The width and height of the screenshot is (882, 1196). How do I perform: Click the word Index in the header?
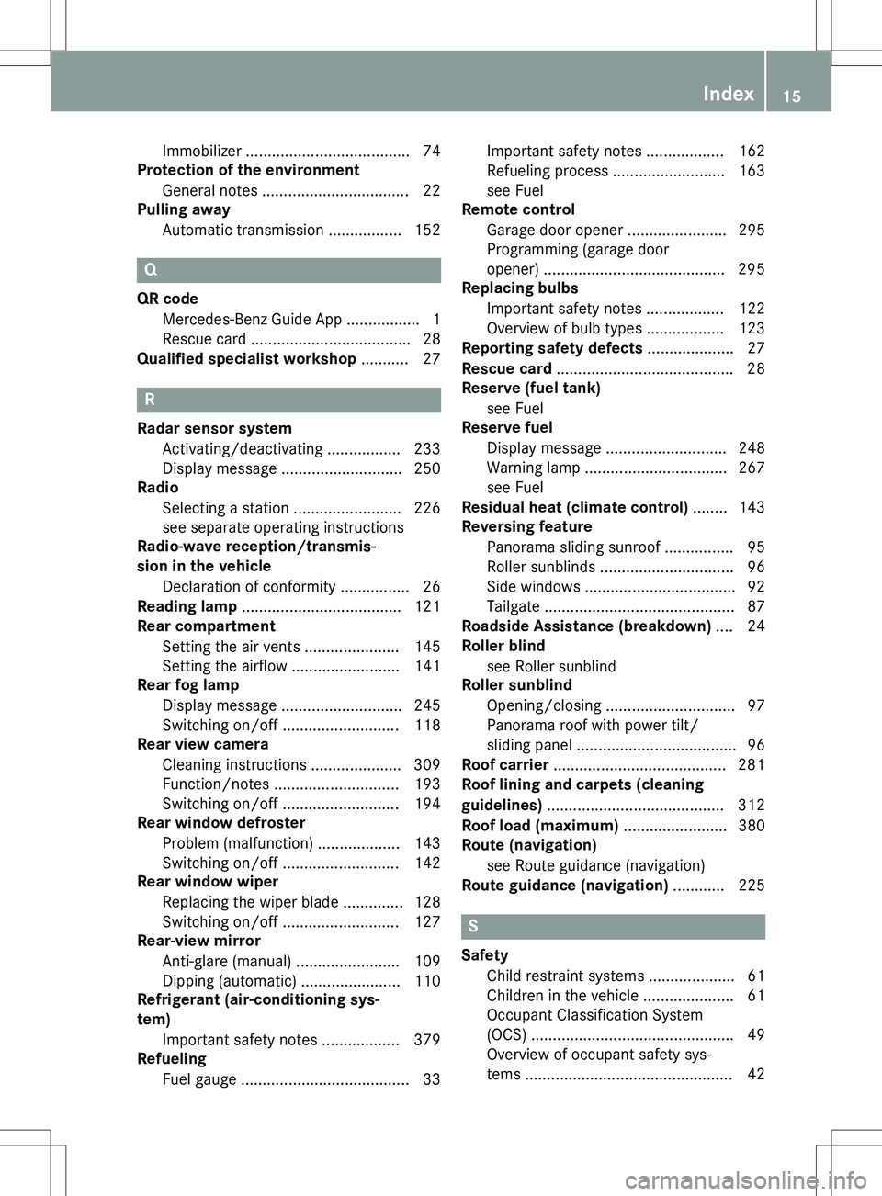[728, 94]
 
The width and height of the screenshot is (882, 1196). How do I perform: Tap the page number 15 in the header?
[792, 96]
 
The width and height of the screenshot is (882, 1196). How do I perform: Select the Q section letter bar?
[288, 270]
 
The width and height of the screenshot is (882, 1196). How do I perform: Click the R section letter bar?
[288, 400]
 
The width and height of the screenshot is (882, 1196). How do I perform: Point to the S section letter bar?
[613, 927]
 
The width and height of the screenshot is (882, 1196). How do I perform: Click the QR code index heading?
[167, 299]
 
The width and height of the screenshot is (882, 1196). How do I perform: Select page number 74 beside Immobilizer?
[431, 151]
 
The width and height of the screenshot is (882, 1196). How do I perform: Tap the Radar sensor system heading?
[214, 428]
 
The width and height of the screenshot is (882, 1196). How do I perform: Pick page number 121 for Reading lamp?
[427, 606]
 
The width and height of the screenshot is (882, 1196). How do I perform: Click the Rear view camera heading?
[203, 744]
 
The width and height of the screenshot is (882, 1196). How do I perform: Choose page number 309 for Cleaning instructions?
[427, 764]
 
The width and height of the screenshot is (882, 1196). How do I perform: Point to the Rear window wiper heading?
[208, 881]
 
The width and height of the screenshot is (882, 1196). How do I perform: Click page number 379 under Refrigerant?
[427, 1040]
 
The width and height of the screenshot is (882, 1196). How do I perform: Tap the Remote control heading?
[518, 209]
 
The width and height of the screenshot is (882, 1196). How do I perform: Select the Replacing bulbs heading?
[520, 288]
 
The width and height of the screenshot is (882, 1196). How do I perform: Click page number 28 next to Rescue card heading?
[755, 368]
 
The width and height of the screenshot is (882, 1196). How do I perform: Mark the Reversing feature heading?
[526, 526]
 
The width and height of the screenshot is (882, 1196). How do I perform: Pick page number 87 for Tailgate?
[755, 606]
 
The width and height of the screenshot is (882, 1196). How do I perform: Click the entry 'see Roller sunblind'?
[551, 666]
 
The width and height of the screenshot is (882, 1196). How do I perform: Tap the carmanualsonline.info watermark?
[745, 1179]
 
